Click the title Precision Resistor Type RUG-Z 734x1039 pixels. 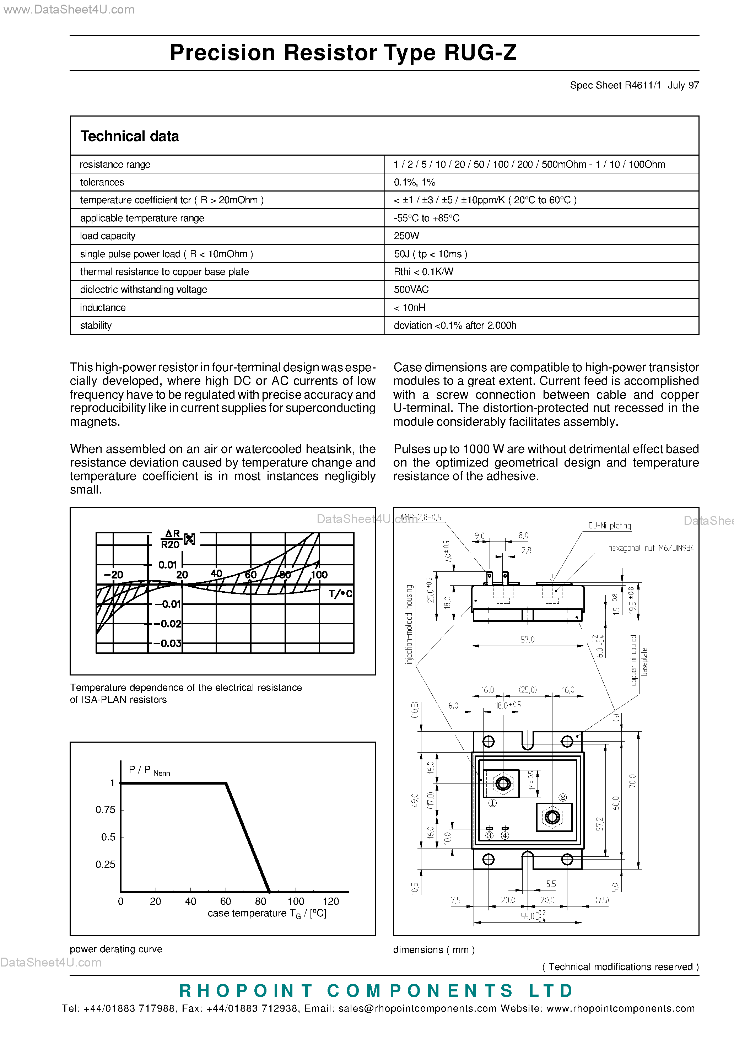click(x=342, y=53)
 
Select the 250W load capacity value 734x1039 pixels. click(x=406, y=236)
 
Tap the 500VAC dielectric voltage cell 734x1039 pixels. click(x=411, y=290)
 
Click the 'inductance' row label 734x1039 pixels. click(x=103, y=308)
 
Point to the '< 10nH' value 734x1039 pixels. click(x=410, y=308)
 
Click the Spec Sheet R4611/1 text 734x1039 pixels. click(x=615, y=85)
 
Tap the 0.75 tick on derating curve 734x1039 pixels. click(x=106, y=809)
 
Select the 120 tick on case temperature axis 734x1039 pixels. click(x=331, y=901)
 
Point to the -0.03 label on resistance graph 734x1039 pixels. click(x=170, y=643)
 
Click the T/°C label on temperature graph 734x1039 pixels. click(x=340, y=594)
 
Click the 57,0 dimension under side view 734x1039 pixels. click(x=527, y=639)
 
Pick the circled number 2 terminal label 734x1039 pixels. click(x=562, y=797)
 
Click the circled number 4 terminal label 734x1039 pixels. click(x=505, y=835)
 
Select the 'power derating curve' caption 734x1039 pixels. click(x=116, y=949)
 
